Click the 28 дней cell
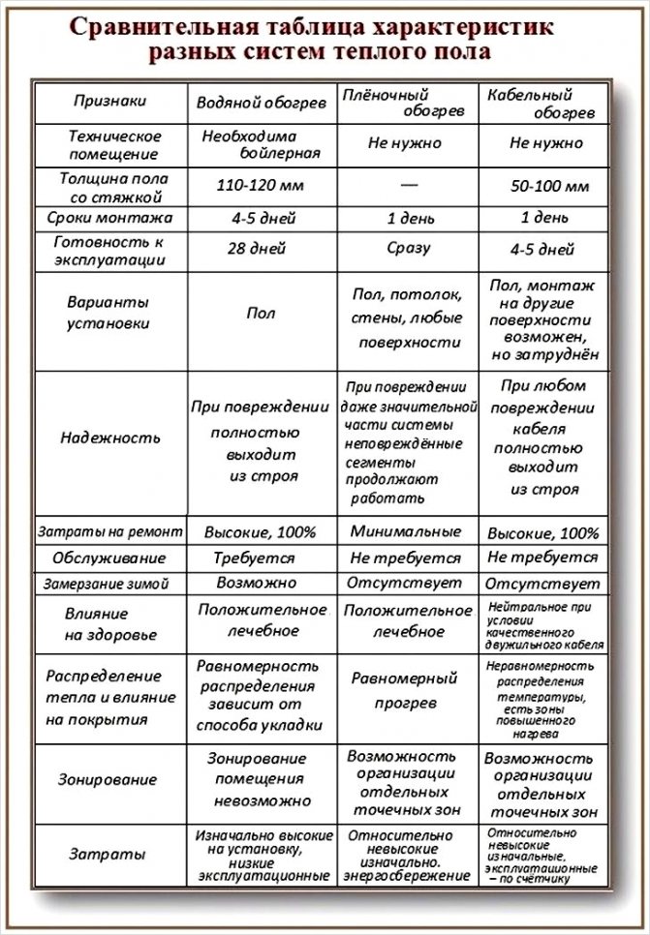pyautogui.click(x=256, y=250)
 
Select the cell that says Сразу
pyautogui.click(x=407, y=249)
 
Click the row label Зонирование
pyautogui.click(x=107, y=778)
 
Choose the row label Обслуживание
pyautogui.click(x=109, y=558)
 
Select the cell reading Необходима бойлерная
pyautogui.click(x=257, y=143)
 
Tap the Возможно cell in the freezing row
pyautogui.click(x=257, y=585)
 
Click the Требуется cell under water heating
pyautogui.click(x=257, y=558)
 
